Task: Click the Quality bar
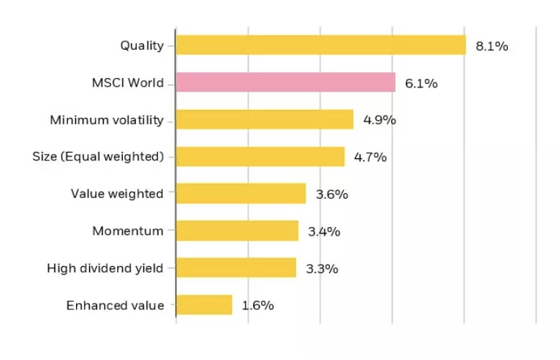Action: click(321, 45)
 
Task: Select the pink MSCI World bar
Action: click(285, 82)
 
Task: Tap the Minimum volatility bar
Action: click(264, 119)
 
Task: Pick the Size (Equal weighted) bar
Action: click(260, 157)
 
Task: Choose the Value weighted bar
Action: click(240, 194)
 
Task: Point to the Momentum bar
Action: click(237, 231)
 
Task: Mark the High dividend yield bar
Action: click(236, 268)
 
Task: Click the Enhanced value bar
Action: click(204, 305)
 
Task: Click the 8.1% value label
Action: click(492, 46)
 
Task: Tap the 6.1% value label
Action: click(421, 83)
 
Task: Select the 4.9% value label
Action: click(379, 120)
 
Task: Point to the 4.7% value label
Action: click(370, 157)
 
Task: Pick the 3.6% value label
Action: click(331, 194)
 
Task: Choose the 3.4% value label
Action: click(323, 232)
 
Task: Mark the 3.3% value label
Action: click(322, 269)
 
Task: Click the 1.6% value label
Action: click(258, 306)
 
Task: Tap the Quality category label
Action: click(142, 46)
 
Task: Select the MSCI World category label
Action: click(123, 83)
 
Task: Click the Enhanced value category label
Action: click(115, 305)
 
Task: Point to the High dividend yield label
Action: click(106, 268)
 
